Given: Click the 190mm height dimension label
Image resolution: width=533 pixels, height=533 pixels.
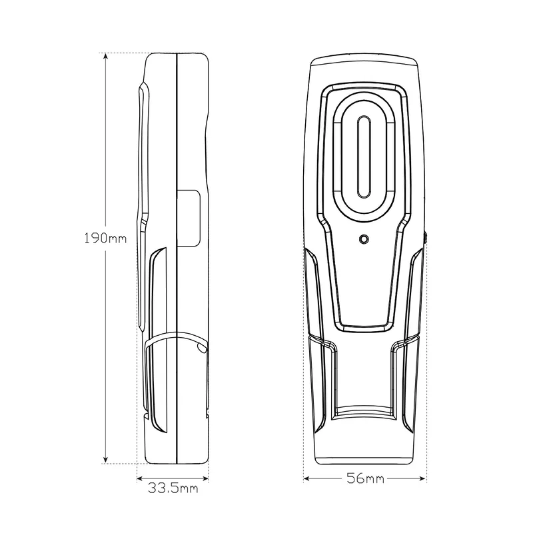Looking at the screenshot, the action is pyautogui.click(x=105, y=238).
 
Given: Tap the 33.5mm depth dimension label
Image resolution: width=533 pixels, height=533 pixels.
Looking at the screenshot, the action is pyautogui.click(x=173, y=488).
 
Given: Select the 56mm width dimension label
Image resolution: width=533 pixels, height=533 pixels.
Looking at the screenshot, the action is pyautogui.click(x=365, y=478).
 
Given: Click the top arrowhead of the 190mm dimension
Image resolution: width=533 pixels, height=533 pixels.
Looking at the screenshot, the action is pyautogui.click(x=106, y=57).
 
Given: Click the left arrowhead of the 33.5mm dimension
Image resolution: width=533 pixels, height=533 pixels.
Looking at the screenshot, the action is pyautogui.click(x=141, y=478).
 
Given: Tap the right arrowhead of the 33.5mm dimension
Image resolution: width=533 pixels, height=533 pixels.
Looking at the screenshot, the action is pyautogui.click(x=205, y=478).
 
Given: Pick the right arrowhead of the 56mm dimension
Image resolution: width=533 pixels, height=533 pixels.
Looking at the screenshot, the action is pyautogui.click(x=422, y=478).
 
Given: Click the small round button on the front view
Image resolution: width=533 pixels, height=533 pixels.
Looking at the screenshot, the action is pyautogui.click(x=364, y=239).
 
